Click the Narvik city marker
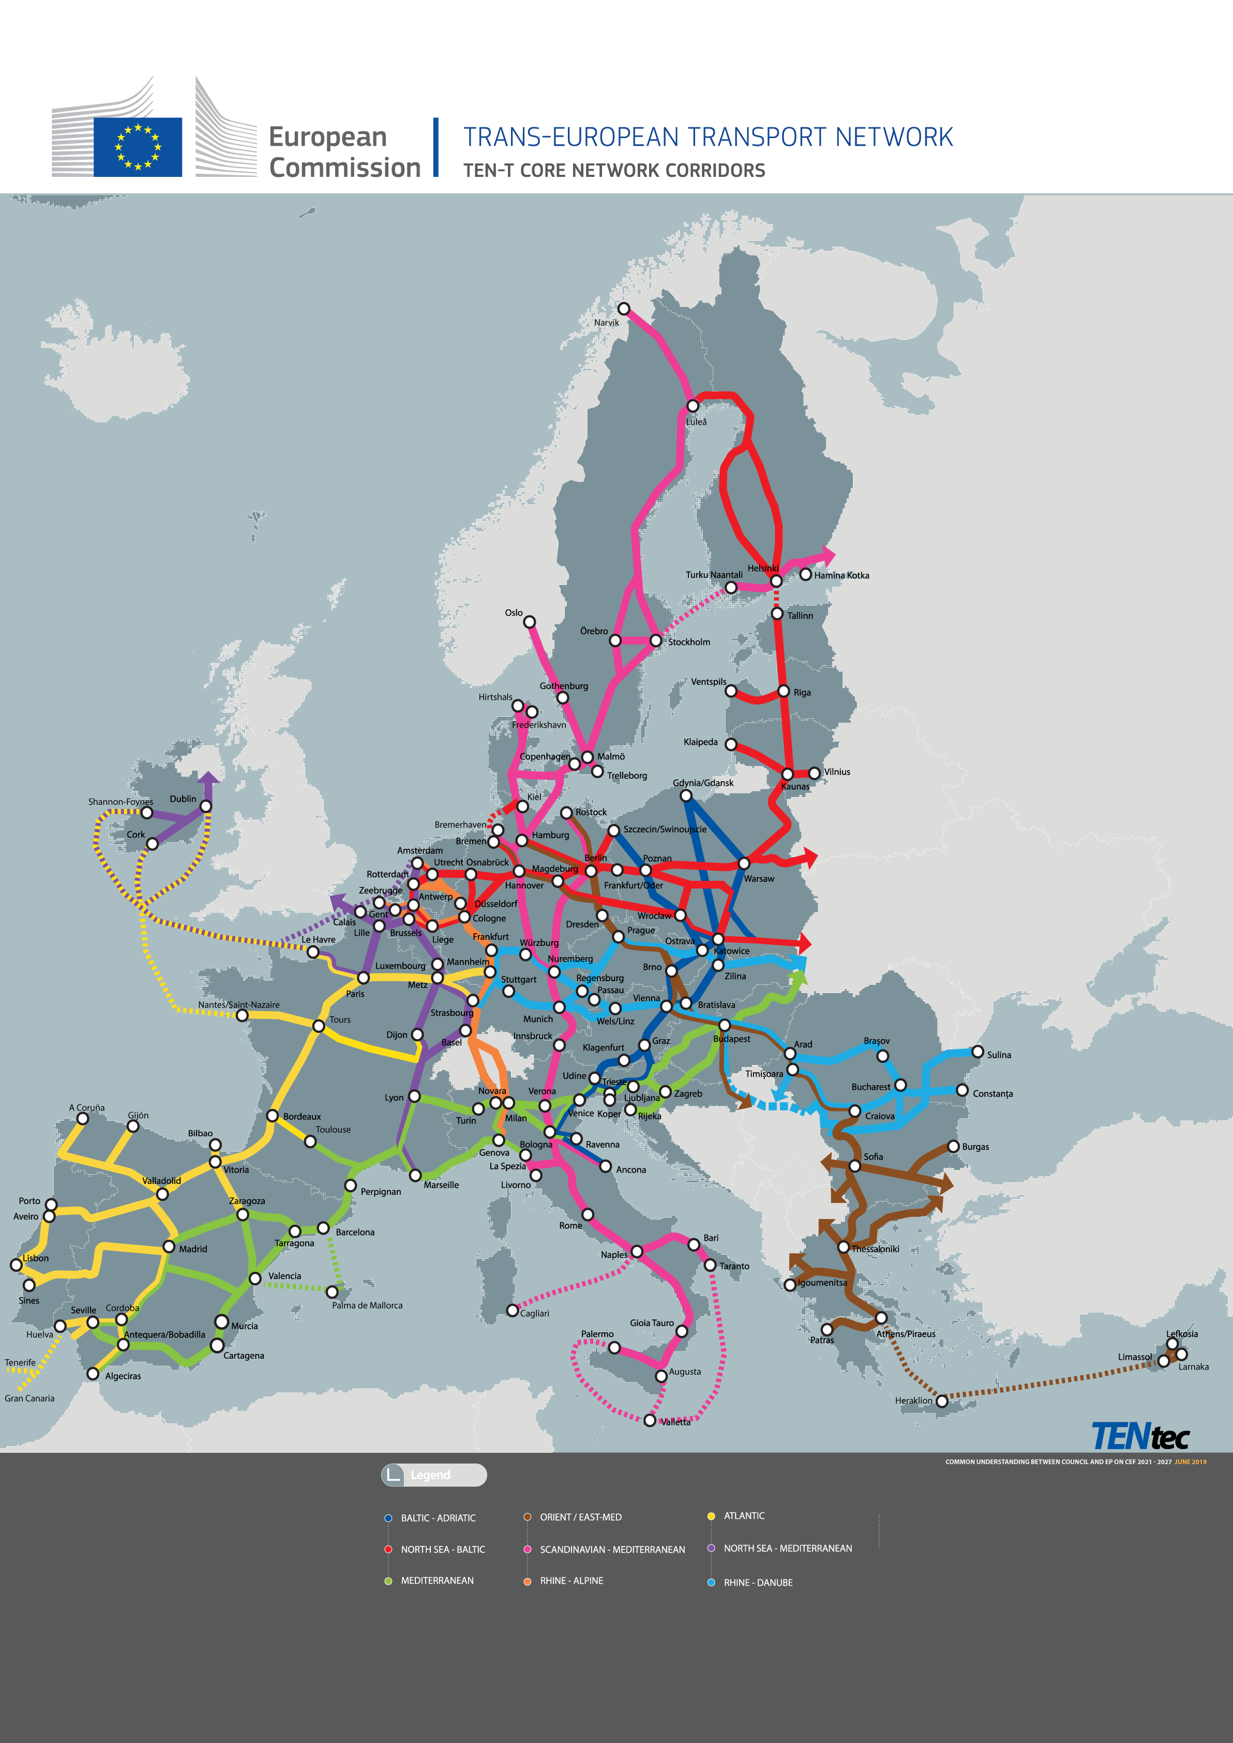tap(623, 308)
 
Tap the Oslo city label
tap(514, 612)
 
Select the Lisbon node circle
tap(16, 1264)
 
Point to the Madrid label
tap(193, 1249)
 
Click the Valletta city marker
tap(650, 1420)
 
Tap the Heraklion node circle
tap(941, 1401)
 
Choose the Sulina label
tap(998, 1055)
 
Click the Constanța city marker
tap(962, 1091)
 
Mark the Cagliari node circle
tap(513, 1310)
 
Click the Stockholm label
tap(688, 642)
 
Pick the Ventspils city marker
tap(730, 691)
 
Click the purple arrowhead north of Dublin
tap(208, 778)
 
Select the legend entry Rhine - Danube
tap(757, 1583)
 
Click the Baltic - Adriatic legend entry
tap(438, 1519)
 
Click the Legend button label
tap(430, 1475)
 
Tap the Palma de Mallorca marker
tap(332, 1291)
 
